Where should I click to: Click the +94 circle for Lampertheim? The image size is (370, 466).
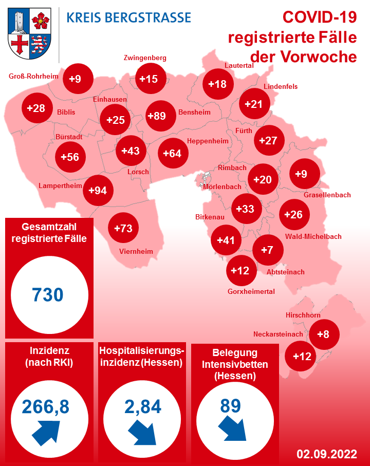98,191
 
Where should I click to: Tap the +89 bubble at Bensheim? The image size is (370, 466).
157,116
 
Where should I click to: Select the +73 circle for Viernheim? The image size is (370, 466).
123,228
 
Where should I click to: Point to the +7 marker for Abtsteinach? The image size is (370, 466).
267,250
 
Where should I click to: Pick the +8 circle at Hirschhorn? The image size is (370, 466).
323,334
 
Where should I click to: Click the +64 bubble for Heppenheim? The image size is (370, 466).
172,153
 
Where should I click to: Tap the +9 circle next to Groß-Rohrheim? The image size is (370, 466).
75,79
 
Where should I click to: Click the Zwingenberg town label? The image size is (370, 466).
145,58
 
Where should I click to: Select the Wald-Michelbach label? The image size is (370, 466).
312,236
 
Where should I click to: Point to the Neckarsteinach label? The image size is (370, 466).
278,334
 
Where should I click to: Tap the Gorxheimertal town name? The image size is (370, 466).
251,291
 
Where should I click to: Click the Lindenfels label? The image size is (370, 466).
281,86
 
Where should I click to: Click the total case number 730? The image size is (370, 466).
48,295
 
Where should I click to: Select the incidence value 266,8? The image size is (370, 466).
46,406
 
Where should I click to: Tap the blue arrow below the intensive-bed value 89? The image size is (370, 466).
232,426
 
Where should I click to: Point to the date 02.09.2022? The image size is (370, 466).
326,454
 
